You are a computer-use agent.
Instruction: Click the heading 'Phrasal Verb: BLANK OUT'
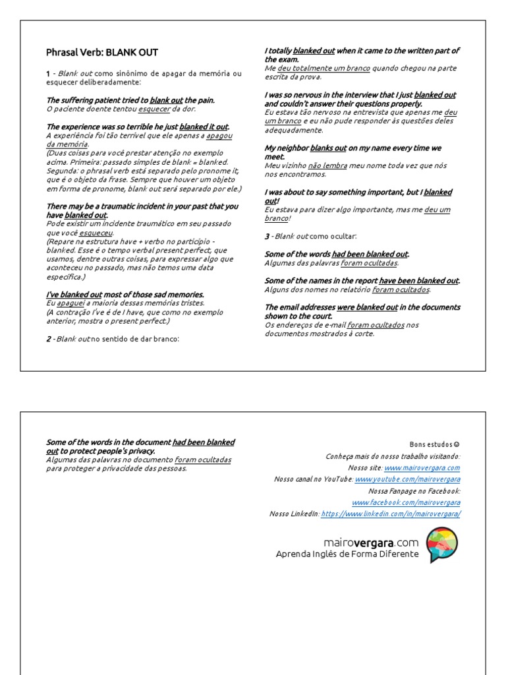click(102, 53)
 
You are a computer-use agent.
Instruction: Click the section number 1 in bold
click(48, 73)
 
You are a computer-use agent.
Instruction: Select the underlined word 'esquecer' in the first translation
click(154, 109)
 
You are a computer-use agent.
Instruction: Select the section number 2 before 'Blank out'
click(48, 339)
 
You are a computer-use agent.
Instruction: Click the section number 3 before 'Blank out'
click(267, 235)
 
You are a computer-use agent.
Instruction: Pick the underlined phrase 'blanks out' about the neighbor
click(328, 148)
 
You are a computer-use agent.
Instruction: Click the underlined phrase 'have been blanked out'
click(418, 280)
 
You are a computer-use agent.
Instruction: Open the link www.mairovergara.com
click(433, 467)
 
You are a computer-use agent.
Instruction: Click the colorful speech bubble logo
click(442, 544)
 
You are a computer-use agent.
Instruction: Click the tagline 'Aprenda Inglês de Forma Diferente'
click(347, 554)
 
